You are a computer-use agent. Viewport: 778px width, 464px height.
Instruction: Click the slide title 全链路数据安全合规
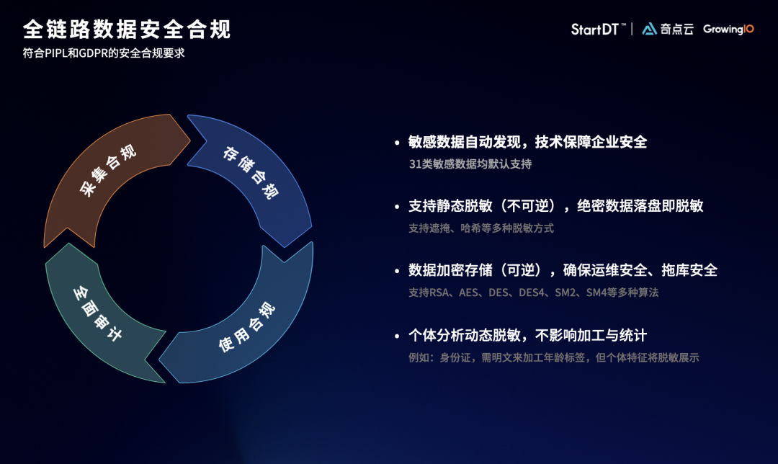click(x=126, y=30)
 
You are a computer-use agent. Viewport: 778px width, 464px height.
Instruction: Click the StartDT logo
click(x=594, y=30)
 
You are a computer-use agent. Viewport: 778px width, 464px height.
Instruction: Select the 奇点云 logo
click(x=668, y=30)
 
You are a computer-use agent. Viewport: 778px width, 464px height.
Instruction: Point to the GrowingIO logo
click(x=728, y=30)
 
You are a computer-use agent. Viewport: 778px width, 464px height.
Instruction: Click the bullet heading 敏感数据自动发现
click(x=527, y=142)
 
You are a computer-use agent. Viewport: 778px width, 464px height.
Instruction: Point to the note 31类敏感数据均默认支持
click(x=470, y=164)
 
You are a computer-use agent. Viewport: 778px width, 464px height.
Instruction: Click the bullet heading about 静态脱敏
click(x=555, y=206)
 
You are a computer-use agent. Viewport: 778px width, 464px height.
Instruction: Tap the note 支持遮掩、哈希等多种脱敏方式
click(x=480, y=228)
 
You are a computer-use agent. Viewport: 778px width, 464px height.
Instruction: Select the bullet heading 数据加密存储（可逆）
click(x=563, y=270)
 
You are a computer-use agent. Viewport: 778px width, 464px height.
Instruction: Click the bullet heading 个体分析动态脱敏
click(x=527, y=335)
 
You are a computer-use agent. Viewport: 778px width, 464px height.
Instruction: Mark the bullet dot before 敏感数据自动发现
click(x=396, y=143)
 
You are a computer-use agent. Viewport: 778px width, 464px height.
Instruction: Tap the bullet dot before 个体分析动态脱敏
click(x=396, y=336)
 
